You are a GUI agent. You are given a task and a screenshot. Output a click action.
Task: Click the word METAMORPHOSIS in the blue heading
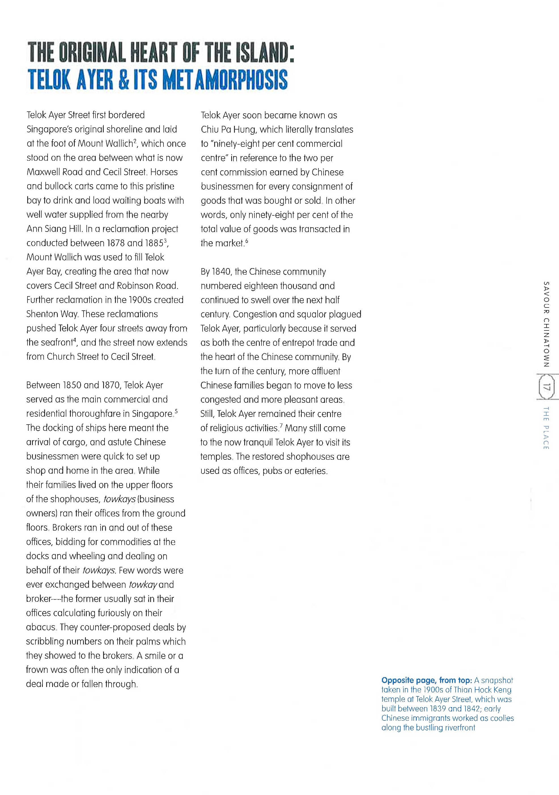click(x=225, y=79)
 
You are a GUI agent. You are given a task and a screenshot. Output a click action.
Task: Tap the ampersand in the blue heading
click(x=123, y=79)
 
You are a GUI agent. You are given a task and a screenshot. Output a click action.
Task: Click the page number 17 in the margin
click(x=547, y=387)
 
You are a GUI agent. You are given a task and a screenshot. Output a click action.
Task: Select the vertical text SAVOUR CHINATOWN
click(x=546, y=324)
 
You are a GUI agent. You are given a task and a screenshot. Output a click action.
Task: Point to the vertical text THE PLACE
click(x=546, y=428)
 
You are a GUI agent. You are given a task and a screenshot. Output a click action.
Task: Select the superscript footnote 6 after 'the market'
click(x=246, y=241)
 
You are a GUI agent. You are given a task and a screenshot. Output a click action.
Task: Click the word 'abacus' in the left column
click(x=41, y=627)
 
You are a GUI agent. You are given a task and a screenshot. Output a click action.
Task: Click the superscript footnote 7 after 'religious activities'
click(x=281, y=425)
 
